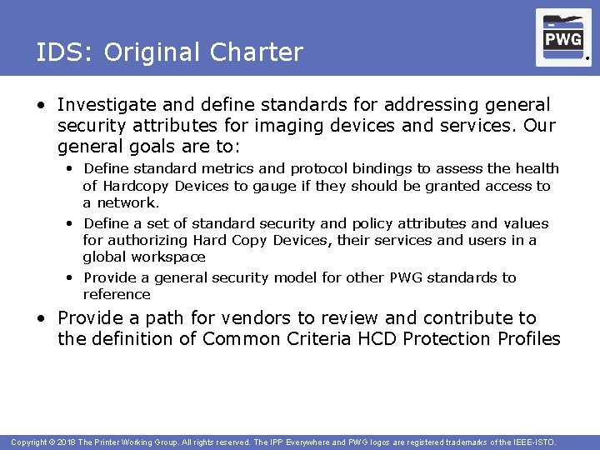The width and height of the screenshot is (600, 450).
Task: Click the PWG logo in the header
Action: [563, 37]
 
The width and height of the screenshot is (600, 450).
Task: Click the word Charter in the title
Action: [257, 52]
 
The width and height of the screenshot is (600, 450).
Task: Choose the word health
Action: [537, 168]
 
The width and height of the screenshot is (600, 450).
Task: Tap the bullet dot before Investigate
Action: [41, 106]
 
